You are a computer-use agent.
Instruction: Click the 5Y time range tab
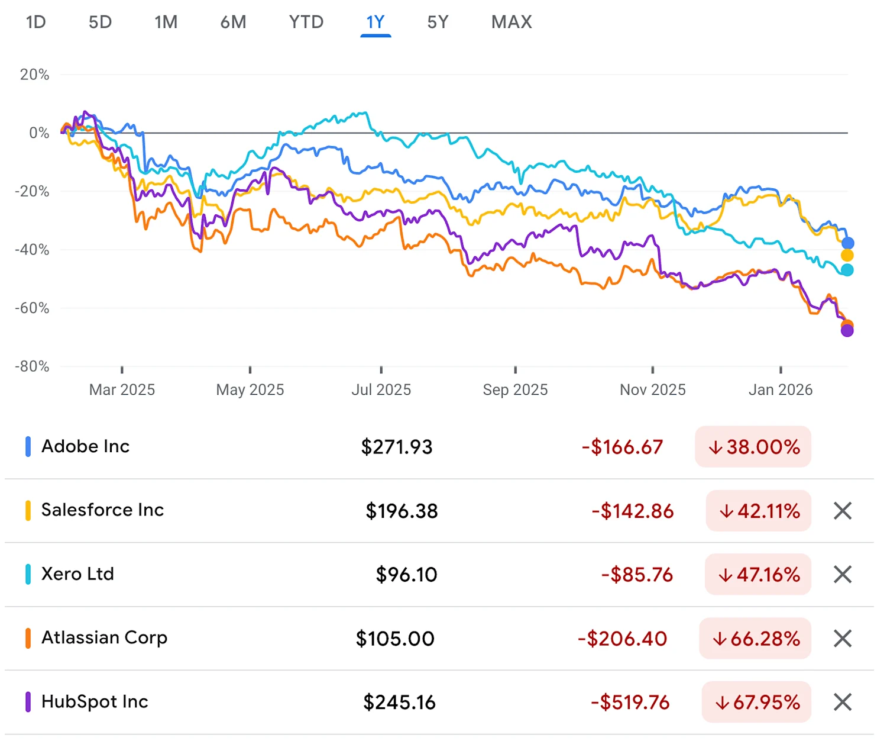pos(438,22)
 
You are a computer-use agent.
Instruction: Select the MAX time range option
pos(512,22)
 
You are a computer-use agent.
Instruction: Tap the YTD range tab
pos(306,22)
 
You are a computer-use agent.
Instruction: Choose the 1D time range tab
pos(36,22)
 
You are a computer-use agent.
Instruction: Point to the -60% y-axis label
pos(33,308)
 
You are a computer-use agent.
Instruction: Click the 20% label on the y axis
pos(34,75)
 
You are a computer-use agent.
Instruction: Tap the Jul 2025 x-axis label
pos(381,389)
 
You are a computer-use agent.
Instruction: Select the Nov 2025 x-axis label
pos(652,389)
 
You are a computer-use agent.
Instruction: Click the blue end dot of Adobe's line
pos(847,243)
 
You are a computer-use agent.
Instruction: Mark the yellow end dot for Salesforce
pos(847,256)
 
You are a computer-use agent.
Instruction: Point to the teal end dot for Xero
pos(847,270)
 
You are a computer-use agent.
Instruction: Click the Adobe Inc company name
pos(85,446)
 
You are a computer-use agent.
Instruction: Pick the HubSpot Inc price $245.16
pos(399,702)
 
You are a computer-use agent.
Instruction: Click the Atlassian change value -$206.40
pos(622,639)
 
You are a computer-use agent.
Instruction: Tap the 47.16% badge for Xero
pos(758,575)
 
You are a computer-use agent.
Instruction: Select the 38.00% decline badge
pos(753,447)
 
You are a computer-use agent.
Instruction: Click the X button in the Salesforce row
pos(842,511)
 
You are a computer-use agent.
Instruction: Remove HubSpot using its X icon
pos(842,702)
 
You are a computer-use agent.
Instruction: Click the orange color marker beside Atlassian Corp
pos(28,638)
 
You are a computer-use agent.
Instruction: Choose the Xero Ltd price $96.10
pos(406,575)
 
